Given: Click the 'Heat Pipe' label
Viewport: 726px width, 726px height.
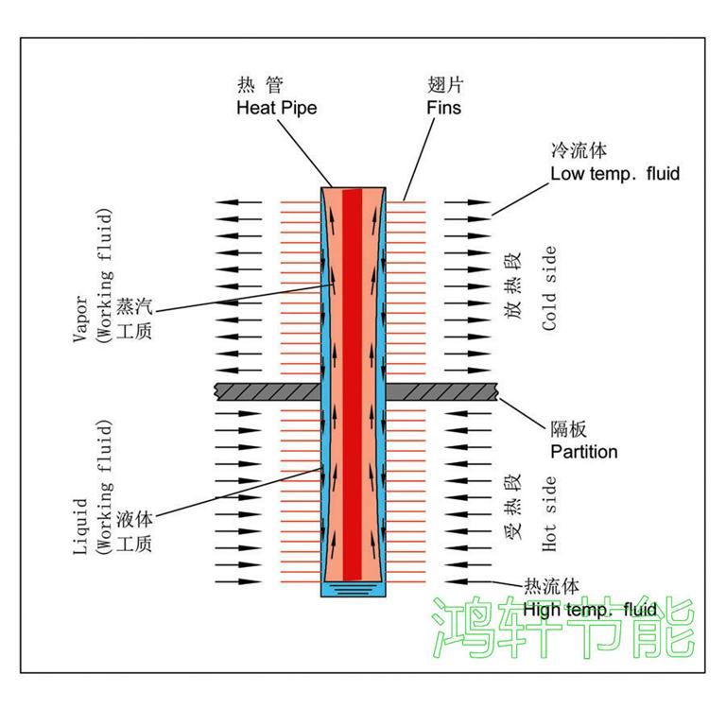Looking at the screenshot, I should coord(276,108).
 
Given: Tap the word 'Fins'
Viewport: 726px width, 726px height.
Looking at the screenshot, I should coord(443,108).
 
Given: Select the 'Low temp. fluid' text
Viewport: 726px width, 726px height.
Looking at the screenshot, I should coord(614,174).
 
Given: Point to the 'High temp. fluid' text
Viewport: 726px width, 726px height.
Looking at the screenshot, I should coord(589,610).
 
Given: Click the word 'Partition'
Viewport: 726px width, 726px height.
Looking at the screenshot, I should coord(584,452).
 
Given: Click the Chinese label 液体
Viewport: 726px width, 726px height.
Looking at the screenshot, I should coord(134,521).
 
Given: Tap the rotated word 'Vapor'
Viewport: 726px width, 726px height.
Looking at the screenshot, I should coord(82,321).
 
